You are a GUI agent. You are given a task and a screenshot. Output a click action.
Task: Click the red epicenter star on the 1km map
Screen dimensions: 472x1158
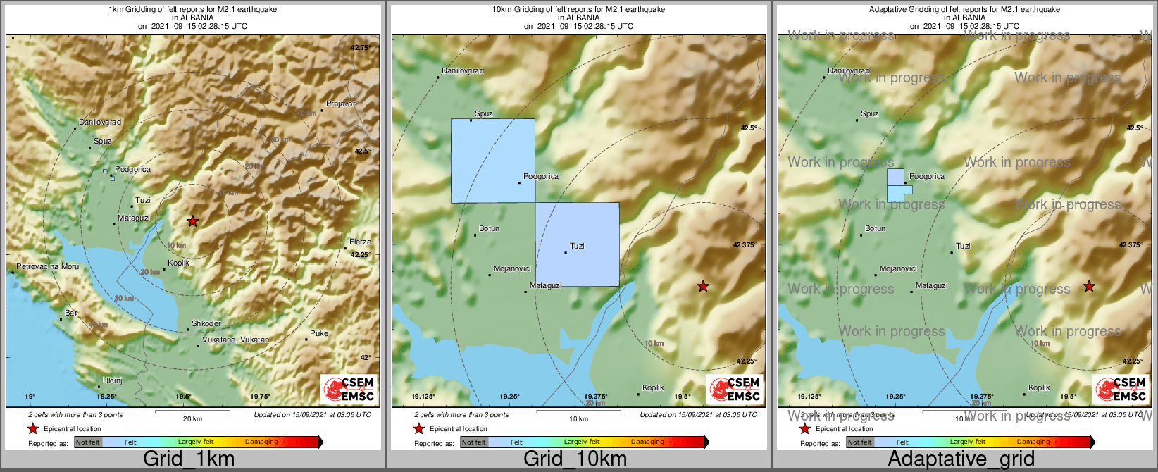click(x=192, y=221)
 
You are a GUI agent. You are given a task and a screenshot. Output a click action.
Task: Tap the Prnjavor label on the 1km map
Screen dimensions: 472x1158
click(x=341, y=104)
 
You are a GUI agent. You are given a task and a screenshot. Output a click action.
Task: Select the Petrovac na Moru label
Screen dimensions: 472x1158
click(x=48, y=267)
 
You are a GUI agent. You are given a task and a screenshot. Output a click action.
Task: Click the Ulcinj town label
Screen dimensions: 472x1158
click(x=113, y=380)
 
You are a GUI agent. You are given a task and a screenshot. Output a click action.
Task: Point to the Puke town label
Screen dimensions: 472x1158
click(x=319, y=333)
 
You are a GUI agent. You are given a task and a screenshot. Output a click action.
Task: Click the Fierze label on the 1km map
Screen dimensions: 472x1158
click(x=360, y=242)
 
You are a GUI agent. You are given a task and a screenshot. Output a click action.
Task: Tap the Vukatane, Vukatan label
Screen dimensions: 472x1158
click(x=235, y=340)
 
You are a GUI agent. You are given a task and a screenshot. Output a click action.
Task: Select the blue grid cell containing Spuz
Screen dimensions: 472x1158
click(x=492, y=161)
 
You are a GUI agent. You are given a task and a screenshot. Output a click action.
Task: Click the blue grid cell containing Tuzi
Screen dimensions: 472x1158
click(x=577, y=244)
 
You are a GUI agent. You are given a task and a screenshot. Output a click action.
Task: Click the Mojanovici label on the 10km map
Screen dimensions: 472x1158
click(x=512, y=268)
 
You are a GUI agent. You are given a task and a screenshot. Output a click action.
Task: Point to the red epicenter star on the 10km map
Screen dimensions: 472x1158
click(x=702, y=286)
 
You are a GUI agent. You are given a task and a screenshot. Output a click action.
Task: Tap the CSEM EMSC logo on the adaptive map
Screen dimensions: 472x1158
click(x=1119, y=389)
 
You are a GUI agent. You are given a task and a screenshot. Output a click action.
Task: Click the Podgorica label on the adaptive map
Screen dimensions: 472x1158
click(x=927, y=176)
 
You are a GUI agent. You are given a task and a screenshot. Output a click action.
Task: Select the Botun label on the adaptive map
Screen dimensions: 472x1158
click(x=876, y=228)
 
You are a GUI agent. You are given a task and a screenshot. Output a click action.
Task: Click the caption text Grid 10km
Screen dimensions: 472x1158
click(x=574, y=459)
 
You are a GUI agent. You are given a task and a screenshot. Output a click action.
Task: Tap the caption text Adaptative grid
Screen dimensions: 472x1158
click(x=961, y=459)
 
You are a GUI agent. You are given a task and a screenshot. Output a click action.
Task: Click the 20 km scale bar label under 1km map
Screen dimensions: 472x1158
click(x=192, y=418)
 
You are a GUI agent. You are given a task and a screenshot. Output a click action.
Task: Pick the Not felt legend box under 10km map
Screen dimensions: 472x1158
click(x=474, y=442)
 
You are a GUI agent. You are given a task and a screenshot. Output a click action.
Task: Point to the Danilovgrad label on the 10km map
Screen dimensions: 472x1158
click(x=463, y=70)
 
